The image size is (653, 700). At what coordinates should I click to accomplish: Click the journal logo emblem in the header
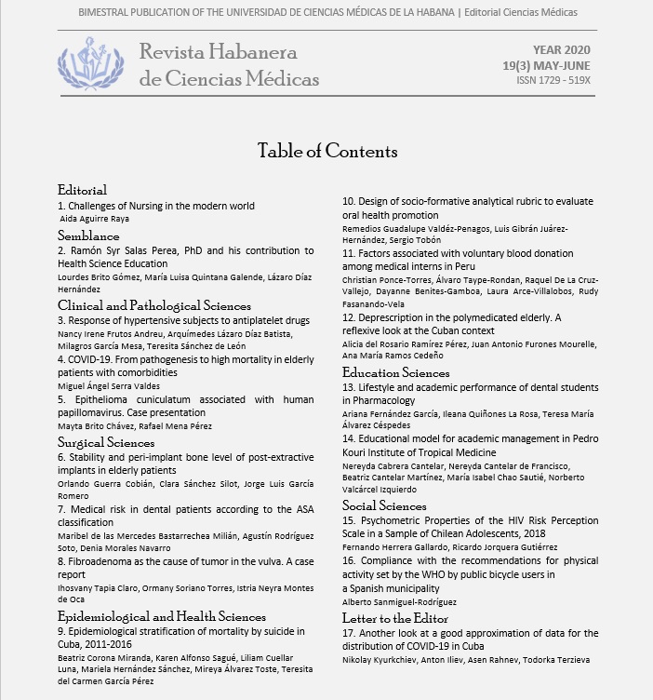click(90, 63)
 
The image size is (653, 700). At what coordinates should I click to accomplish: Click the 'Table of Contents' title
click(326, 151)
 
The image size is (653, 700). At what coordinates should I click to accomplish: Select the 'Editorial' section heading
click(82, 190)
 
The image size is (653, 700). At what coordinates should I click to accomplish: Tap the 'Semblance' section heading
click(88, 236)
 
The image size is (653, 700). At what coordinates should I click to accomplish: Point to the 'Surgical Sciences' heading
click(106, 442)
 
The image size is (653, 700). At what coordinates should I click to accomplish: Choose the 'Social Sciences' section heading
click(384, 505)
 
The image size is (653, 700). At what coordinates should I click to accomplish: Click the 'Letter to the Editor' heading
click(395, 618)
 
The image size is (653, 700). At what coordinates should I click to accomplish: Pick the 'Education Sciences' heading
click(396, 372)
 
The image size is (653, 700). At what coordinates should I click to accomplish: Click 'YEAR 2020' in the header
click(561, 49)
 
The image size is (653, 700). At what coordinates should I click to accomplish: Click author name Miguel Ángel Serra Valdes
click(109, 385)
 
